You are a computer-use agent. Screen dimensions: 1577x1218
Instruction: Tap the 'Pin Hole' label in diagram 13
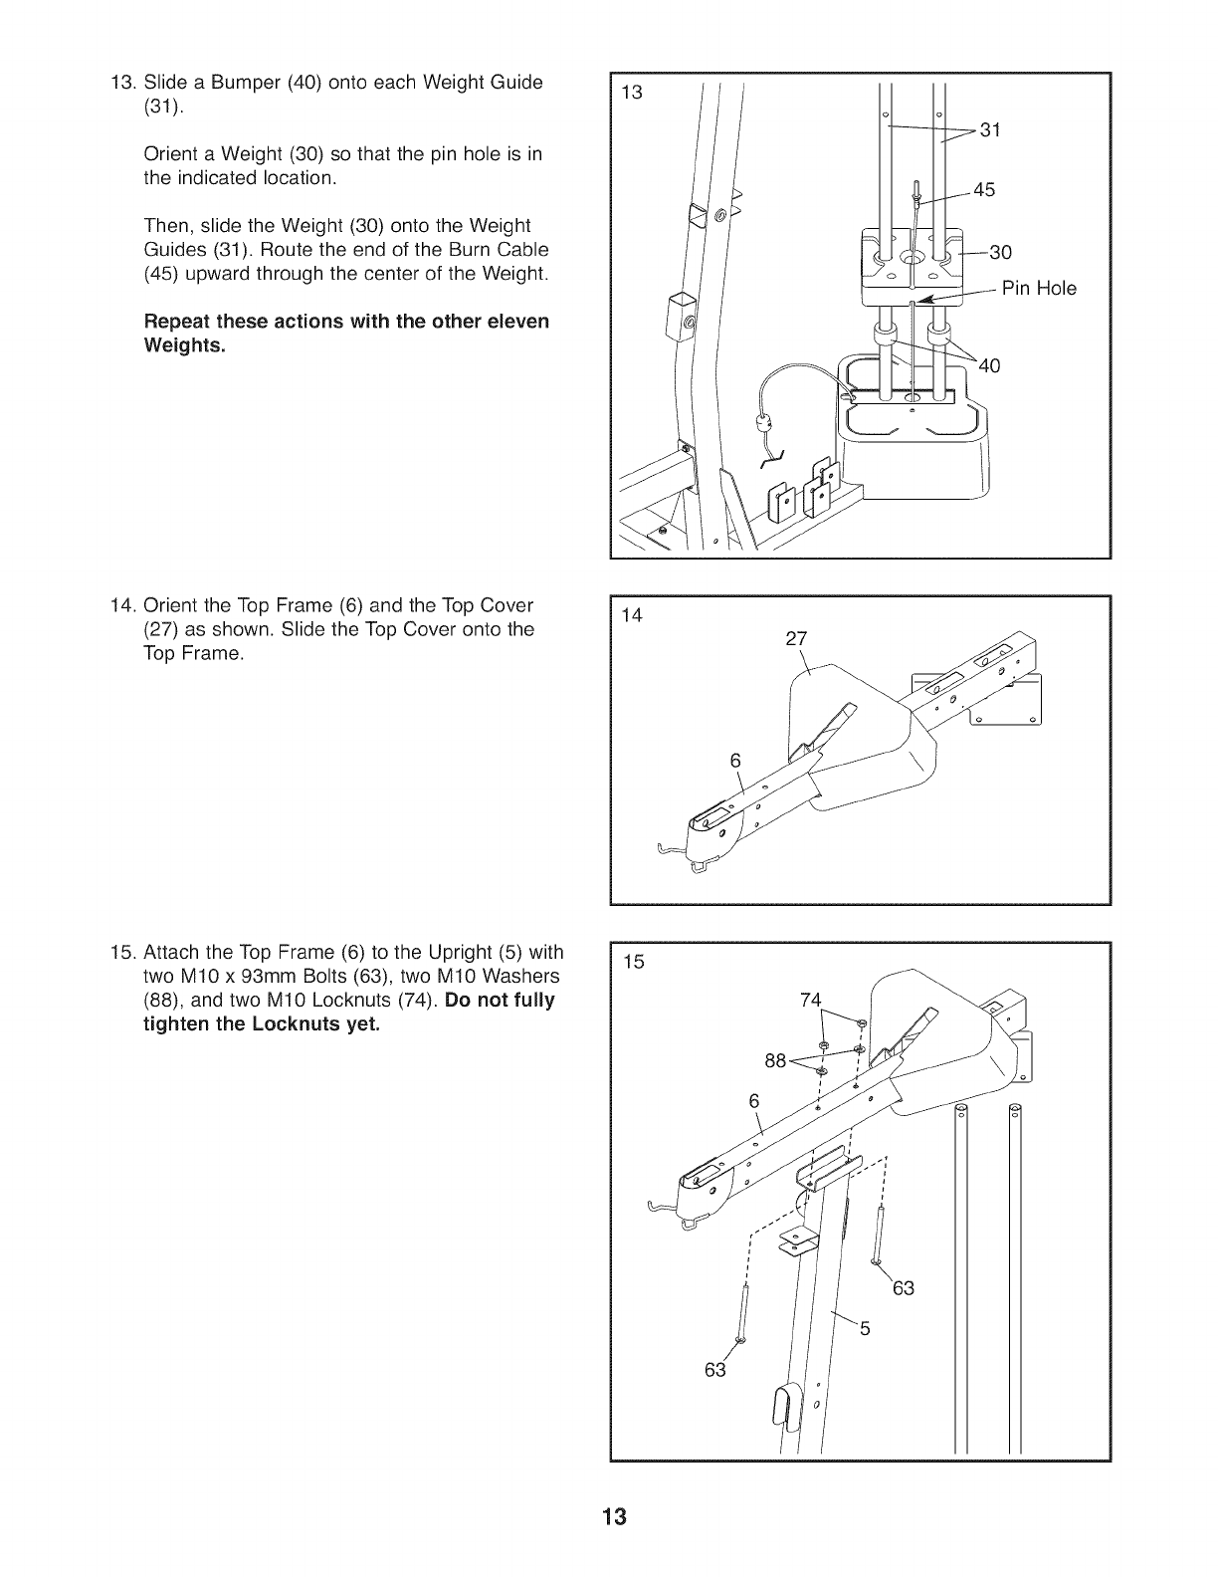[1039, 289]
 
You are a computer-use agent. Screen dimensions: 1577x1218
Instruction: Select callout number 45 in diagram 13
[983, 190]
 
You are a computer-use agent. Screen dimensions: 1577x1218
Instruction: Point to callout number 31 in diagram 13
[991, 129]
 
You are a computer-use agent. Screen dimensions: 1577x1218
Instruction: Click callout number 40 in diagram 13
[990, 365]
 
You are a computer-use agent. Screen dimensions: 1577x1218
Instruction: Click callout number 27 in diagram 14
[796, 639]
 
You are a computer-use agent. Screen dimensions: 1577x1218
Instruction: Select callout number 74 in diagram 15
[811, 1001]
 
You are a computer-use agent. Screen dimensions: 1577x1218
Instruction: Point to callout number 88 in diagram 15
[775, 1060]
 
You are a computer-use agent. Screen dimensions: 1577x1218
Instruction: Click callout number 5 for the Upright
[865, 1327]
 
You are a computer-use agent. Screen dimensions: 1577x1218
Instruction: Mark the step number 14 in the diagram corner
[632, 615]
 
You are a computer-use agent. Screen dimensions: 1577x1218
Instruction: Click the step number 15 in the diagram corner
[633, 962]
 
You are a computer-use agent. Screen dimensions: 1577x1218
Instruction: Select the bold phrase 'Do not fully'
[501, 1000]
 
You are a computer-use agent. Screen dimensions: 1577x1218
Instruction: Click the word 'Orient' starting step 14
[171, 605]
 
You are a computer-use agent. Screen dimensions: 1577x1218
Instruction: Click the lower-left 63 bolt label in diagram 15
[714, 1370]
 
